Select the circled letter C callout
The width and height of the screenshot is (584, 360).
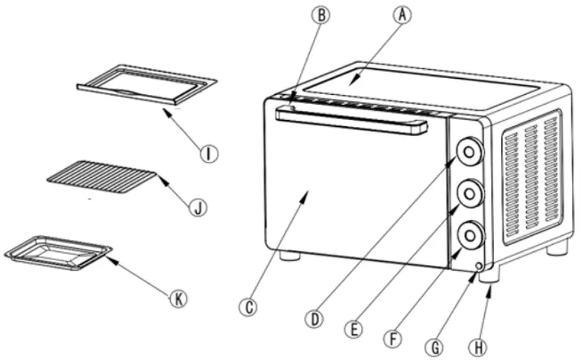246,306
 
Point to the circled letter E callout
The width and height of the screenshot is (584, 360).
356,328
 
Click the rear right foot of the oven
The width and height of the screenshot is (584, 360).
557,247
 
